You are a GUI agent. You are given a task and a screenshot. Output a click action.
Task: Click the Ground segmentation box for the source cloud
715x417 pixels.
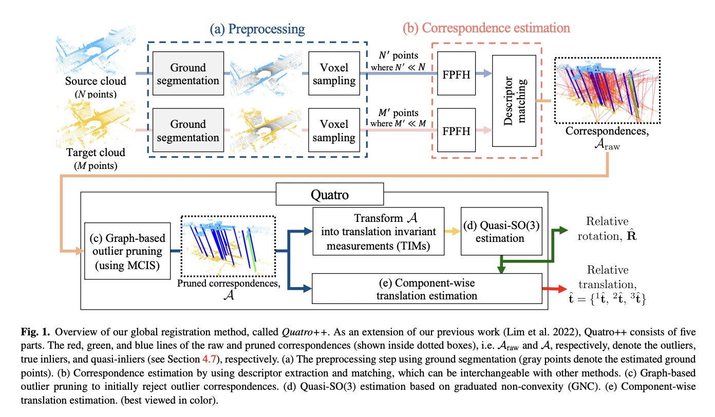[187, 74]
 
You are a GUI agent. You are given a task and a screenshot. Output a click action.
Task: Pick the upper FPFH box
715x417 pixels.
[456, 74]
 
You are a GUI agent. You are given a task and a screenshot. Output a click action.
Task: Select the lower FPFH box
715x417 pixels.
[456, 130]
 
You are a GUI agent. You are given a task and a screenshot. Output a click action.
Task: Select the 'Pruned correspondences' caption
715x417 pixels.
[229, 287]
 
